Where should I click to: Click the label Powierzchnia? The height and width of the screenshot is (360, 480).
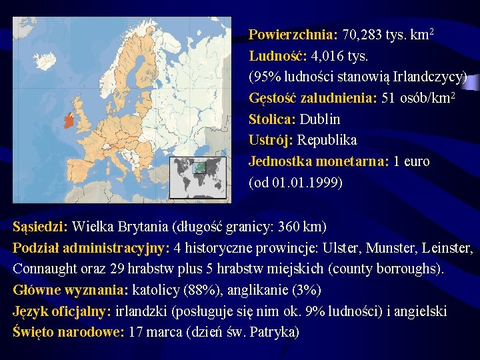293,34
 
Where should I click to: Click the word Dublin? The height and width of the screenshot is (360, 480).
320,119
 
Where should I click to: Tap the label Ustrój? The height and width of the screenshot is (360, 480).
271,141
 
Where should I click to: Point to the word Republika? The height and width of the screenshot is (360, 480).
327,141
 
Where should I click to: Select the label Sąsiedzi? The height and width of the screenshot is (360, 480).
41,227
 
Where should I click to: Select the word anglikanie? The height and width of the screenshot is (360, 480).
249,291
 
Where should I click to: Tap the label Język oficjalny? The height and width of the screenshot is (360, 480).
62,312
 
